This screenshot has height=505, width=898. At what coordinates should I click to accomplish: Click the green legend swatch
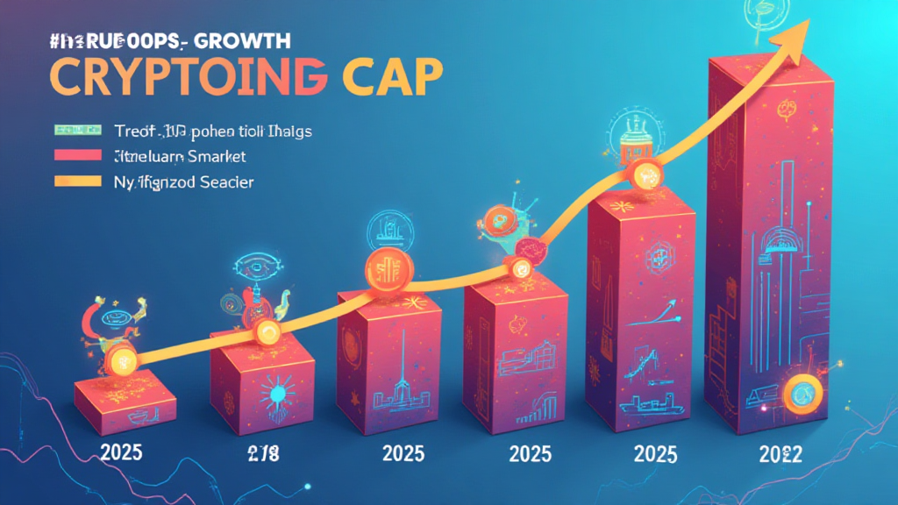(x=77, y=131)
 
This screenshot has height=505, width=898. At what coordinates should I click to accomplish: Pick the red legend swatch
(x=77, y=156)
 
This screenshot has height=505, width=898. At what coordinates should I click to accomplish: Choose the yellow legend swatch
(x=77, y=181)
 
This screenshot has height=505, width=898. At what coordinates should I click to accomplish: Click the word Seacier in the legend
(x=224, y=181)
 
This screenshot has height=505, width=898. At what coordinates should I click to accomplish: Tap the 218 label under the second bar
(x=257, y=453)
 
